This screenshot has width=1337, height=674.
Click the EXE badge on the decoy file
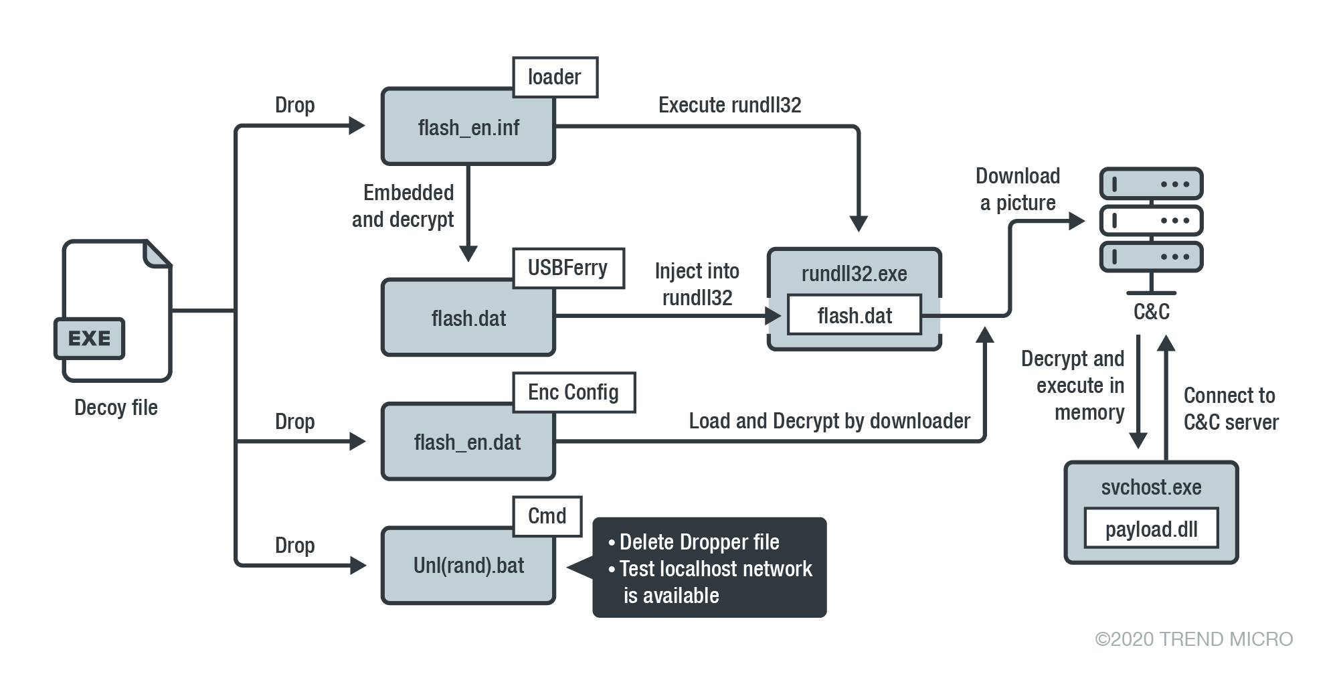coord(90,339)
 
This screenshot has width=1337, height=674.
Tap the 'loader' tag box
coord(555,78)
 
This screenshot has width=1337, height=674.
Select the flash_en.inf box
coord(468,127)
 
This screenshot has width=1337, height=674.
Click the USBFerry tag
coord(567,268)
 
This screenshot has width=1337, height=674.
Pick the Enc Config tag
coord(573,392)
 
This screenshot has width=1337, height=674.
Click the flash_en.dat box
coord(468,442)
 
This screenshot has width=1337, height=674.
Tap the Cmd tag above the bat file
coord(547,516)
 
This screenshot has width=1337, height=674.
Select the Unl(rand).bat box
coord(468,566)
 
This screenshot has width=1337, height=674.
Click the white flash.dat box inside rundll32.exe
coord(854,315)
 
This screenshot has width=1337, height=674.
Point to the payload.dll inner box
coord(1151,529)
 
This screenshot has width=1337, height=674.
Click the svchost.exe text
coord(1151,487)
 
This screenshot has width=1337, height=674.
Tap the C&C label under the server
coord(1151,312)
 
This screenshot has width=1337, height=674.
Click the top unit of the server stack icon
coord(1151,184)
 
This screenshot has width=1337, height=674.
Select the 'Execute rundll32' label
coord(729,105)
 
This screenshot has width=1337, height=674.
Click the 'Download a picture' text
coord(1017,189)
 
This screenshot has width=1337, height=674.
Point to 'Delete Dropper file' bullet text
coord(699,542)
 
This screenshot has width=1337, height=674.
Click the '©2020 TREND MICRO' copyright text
coord(1193,639)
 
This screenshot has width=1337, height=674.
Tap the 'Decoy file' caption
coord(116,408)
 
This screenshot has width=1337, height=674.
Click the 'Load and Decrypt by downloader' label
coord(829,421)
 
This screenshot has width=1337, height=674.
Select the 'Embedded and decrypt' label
coord(404,206)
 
